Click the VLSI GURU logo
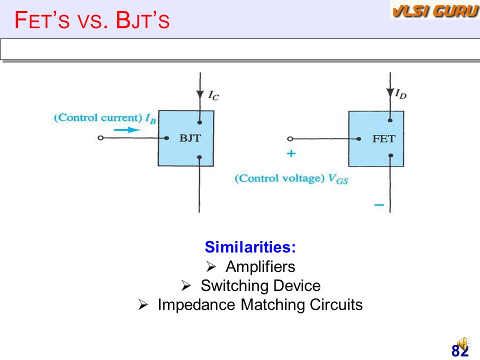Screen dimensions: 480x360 435,10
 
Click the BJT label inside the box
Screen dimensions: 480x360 190,138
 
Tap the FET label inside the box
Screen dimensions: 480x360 384,139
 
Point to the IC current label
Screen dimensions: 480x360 213,95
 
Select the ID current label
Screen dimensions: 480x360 400,93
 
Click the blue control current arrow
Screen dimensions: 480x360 127,130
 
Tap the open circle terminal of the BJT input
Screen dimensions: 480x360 100,138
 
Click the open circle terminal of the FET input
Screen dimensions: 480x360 290,139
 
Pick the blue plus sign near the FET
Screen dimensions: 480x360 291,153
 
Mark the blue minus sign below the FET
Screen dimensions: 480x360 379,205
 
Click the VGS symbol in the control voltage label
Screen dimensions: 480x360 338,179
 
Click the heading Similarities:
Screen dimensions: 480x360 250,246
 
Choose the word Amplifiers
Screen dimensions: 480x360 260,266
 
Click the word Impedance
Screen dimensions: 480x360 196,305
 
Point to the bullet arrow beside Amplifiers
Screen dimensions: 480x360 211,266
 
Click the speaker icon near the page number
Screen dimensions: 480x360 463,344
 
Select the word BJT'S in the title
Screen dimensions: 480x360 142,20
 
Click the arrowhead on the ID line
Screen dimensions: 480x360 390,93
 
